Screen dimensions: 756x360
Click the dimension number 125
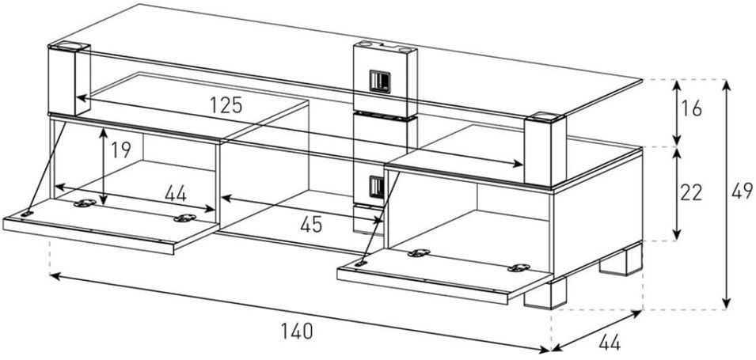226,104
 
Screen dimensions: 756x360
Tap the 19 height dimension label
120,150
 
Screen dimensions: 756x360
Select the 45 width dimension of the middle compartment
310,224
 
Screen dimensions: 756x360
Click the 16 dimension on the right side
692,109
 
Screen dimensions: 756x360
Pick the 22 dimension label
690,193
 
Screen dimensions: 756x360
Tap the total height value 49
742,191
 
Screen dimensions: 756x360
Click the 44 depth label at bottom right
610,343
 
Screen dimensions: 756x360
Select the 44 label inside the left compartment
176,193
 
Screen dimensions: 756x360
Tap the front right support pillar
545,150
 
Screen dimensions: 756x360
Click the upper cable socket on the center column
380,81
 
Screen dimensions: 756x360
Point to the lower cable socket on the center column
377,187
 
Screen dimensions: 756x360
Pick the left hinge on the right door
419,253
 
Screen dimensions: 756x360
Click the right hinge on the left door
185,218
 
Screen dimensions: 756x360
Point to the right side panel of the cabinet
598,212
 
